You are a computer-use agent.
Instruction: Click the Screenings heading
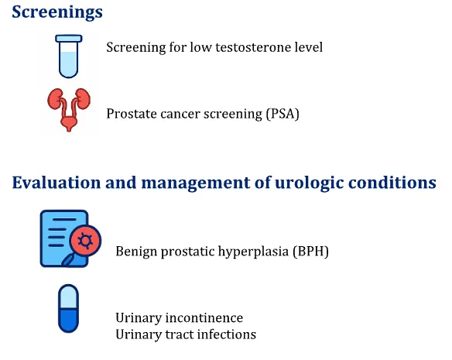[57, 12]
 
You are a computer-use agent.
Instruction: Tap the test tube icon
[69, 57]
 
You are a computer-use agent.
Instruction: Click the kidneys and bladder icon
[69, 110]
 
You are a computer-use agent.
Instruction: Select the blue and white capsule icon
[68, 309]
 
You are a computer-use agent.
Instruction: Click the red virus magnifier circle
[85, 241]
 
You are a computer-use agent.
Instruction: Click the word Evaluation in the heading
[56, 183]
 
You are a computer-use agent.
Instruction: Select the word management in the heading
[196, 183]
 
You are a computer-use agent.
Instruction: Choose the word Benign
[136, 252]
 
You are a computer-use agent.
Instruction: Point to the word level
[309, 47]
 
